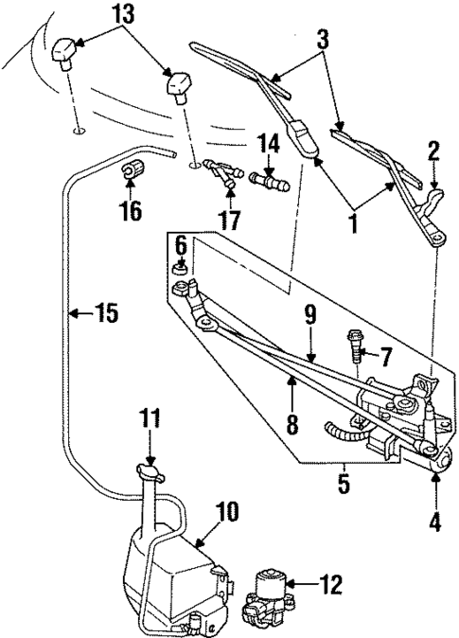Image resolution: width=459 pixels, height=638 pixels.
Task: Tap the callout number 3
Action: (324, 40)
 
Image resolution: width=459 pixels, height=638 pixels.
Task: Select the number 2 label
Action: (433, 149)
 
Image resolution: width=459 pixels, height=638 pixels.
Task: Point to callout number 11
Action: (149, 417)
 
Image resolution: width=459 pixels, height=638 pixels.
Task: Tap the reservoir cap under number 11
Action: (149, 468)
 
